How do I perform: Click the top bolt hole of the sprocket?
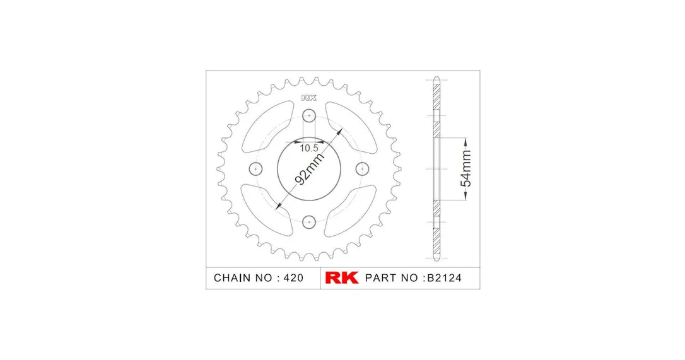pyautogui.click(x=309, y=116)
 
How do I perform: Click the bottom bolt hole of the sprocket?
pyautogui.click(x=309, y=222)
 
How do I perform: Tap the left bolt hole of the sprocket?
pyautogui.click(x=255, y=168)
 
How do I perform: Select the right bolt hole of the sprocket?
pyautogui.click(x=363, y=168)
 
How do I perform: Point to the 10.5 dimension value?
pyautogui.click(x=309, y=148)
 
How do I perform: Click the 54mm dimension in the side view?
pyautogui.click(x=467, y=168)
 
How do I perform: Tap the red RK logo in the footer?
pyautogui.click(x=342, y=278)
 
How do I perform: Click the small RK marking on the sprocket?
pyautogui.click(x=309, y=98)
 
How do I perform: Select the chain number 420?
pyautogui.click(x=293, y=278)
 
